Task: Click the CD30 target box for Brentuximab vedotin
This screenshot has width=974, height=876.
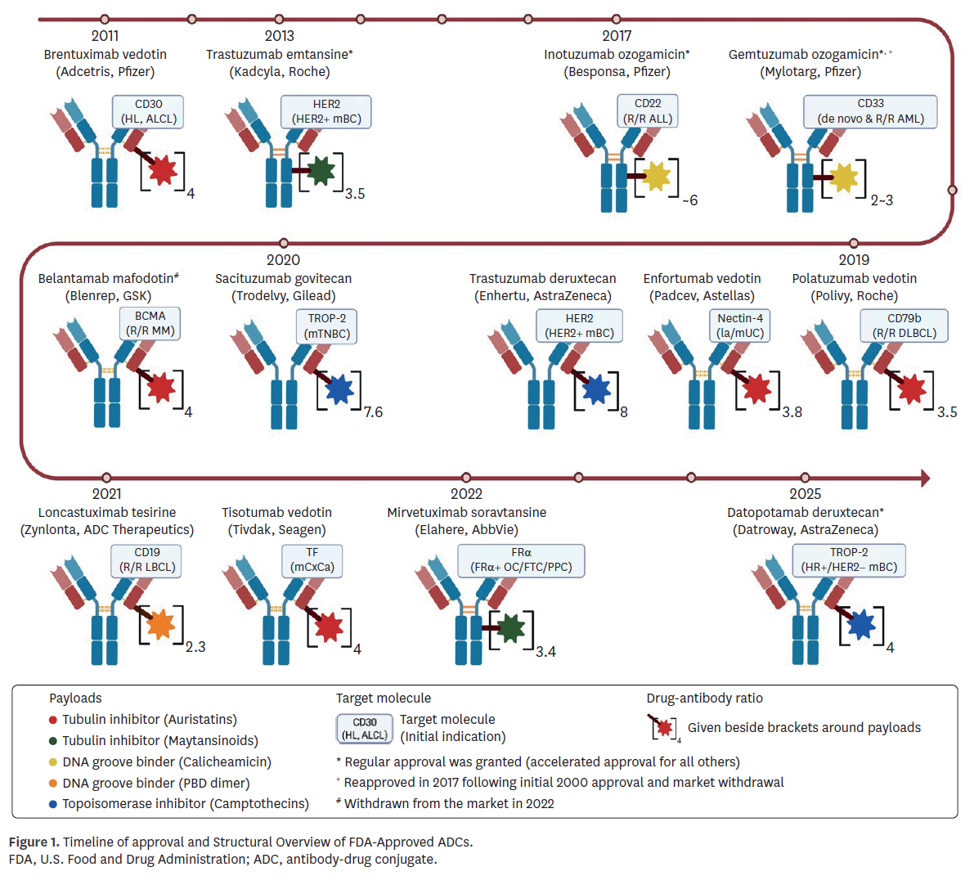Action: click(x=148, y=111)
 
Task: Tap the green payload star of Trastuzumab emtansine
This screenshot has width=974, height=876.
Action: click(x=321, y=171)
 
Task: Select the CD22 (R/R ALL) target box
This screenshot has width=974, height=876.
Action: click(x=648, y=111)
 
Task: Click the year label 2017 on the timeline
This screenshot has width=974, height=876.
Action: click(x=617, y=36)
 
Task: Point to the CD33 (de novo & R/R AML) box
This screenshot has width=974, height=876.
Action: click(x=870, y=111)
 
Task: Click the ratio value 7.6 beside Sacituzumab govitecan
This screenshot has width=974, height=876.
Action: click(x=373, y=412)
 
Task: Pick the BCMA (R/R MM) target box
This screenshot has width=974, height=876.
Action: click(x=150, y=324)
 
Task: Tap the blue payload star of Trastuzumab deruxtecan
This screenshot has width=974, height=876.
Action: click(x=596, y=390)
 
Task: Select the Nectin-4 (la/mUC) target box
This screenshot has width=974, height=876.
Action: click(x=740, y=326)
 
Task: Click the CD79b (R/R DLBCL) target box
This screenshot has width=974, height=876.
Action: click(x=904, y=326)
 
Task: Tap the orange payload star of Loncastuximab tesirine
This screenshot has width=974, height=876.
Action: click(x=160, y=625)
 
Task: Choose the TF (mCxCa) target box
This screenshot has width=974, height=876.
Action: click(x=312, y=560)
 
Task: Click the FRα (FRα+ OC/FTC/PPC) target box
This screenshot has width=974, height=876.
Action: click(x=521, y=560)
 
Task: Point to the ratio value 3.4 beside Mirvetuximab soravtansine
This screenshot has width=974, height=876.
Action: click(x=545, y=652)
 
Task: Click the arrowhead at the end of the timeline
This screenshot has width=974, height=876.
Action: click(x=926, y=478)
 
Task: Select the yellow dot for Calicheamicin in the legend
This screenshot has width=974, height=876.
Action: click(x=53, y=762)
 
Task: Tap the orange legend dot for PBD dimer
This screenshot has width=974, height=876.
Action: click(x=53, y=784)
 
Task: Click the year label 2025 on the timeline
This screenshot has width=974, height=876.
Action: click(x=805, y=494)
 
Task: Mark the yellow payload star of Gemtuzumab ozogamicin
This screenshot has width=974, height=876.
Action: click(x=843, y=177)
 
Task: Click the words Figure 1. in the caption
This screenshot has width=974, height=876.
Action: click(x=34, y=842)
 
